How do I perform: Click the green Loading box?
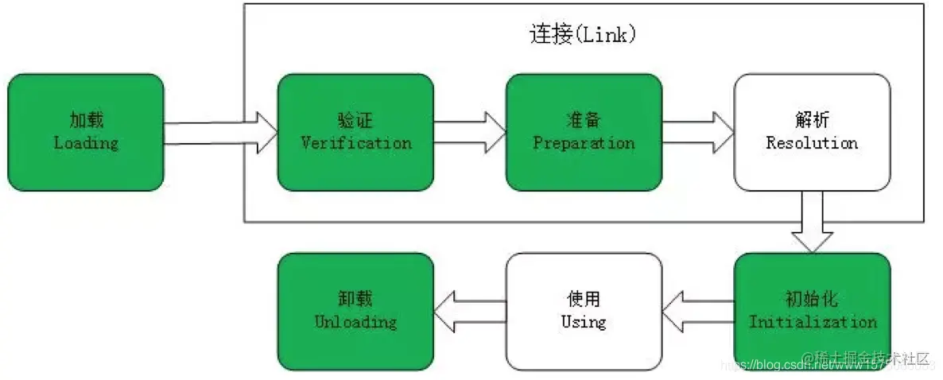86,132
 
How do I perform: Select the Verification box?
355,132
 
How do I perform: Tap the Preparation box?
584,132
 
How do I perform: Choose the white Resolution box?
812,132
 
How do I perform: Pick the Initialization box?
812,311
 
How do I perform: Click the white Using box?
584,311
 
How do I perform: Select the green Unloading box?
355,311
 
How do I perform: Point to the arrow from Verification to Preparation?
470,132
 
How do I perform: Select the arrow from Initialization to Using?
698,311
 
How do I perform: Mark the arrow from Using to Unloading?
470,311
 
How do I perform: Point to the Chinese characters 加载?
86,121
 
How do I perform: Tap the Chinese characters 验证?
355,121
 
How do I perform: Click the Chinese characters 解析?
812,121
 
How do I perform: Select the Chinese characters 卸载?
355,300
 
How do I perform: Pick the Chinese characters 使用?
584,300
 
